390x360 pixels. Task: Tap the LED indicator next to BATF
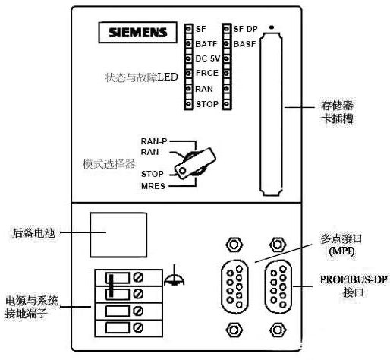pyautogui.click(x=188, y=43)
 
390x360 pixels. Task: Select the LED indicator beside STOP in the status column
pyautogui.click(x=188, y=103)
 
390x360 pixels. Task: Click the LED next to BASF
pyautogui.click(x=226, y=43)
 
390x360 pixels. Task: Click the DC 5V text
pyautogui.click(x=208, y=58)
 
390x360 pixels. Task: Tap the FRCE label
pyautogui.click(x=206, y=73)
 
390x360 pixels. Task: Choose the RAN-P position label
pyautogui.click(x=154, y=141)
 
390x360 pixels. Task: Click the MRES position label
pyautogui.click(x=153, y=185)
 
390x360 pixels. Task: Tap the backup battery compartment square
pyautogui.click(x=118, y=234)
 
